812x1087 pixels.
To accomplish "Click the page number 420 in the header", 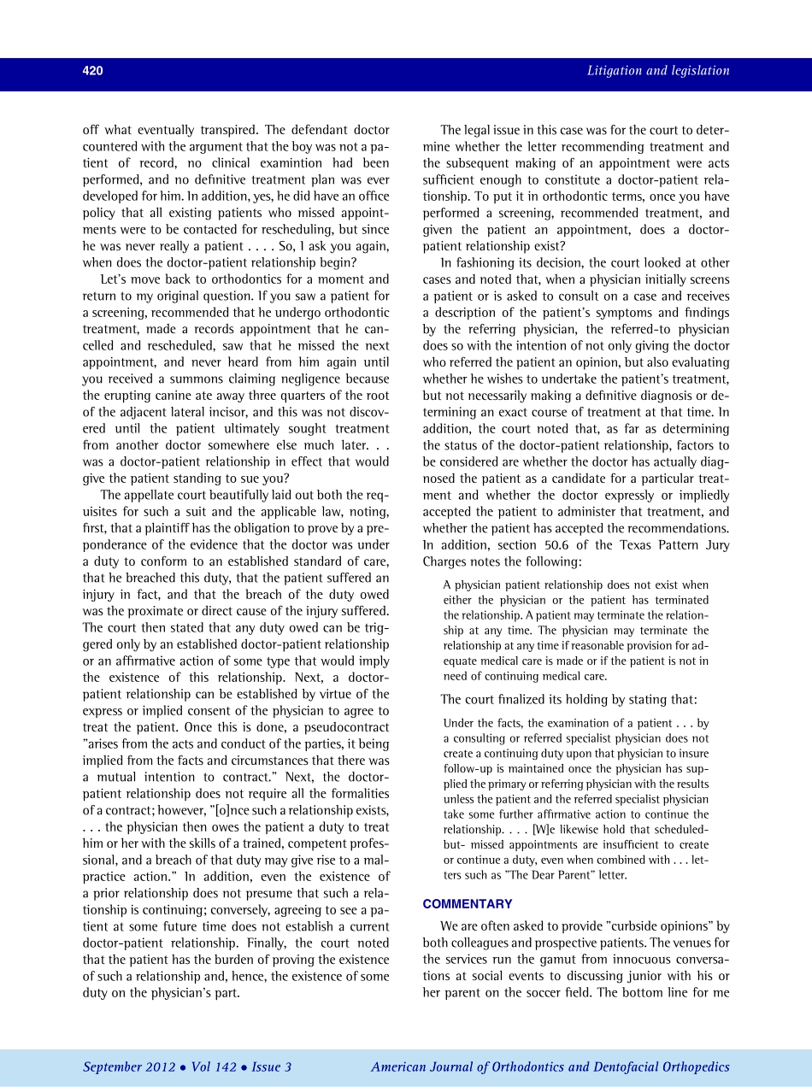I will click(x=92, y=71).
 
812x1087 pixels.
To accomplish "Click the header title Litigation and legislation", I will click(x=658, y=71).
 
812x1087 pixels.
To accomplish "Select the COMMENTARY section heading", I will click(x=468, y=904).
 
